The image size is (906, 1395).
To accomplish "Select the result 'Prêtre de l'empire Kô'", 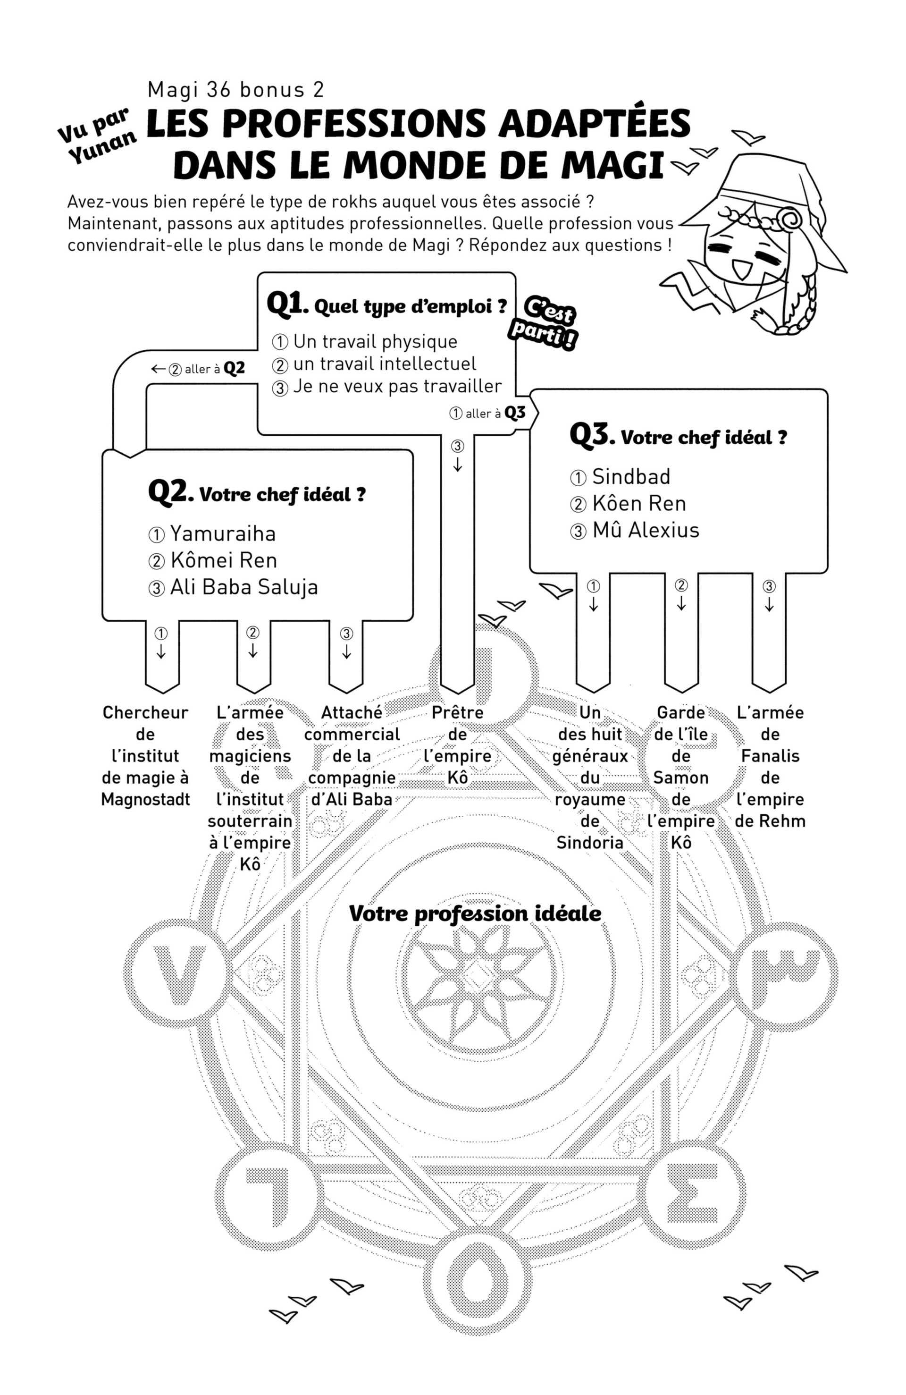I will click(x=457, y=744).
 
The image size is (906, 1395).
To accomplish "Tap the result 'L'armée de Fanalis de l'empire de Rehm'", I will click(x=770, y=766).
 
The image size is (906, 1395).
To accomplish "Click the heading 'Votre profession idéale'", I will click(x=475, y=913).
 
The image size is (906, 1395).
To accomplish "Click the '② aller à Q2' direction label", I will click(x=199, y=369).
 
